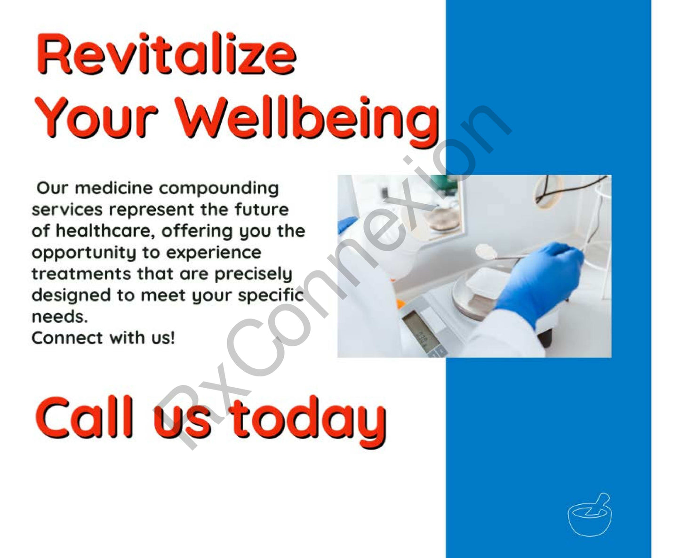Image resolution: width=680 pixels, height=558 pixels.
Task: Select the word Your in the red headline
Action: point(96,118)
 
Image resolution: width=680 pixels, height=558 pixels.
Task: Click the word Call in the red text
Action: point(85,418)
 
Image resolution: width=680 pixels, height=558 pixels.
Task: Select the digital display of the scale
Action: point(420,331)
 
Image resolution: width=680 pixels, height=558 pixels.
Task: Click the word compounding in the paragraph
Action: point(218,188)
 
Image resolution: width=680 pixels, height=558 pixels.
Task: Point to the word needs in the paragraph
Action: point(59,317)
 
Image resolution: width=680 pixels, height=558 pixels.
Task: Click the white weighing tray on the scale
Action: point(487,282)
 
